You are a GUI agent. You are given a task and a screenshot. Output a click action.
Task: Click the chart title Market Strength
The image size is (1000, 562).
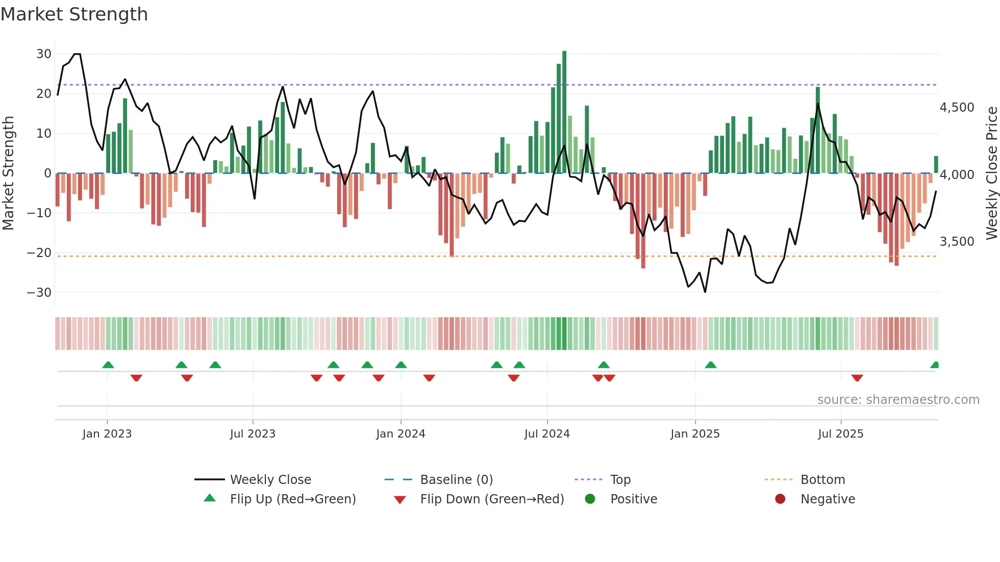click(x=74, y=14)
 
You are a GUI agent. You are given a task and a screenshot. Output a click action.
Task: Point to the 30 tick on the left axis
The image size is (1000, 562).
click(x=44, y=54)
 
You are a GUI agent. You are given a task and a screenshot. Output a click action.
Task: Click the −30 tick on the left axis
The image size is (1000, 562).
click(x=39, y=293)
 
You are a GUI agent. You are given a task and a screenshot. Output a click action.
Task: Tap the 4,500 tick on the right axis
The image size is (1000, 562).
click(x=957, y=108)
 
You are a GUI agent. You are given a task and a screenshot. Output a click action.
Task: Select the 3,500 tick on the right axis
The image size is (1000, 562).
click(x=957, y=242)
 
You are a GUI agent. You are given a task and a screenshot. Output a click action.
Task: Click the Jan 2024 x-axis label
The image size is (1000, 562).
click(x=401, y=434)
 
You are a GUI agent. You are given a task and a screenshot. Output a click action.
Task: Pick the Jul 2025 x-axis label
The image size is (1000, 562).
click(x=840, y=434)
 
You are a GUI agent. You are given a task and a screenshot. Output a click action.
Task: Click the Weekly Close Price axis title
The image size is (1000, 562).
click(x=991, y=173)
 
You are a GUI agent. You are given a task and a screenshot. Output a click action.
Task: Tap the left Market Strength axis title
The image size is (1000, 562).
click(x=9, y=173)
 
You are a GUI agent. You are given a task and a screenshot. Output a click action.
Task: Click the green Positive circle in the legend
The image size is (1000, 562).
click(x=590, y=499)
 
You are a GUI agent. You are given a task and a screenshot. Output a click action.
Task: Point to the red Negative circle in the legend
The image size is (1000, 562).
click(x=780, y=499)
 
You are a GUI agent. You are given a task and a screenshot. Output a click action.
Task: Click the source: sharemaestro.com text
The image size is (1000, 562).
click(x=898, y=400)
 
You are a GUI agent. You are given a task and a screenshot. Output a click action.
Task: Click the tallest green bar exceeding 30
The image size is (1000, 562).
click(x=564, y=112)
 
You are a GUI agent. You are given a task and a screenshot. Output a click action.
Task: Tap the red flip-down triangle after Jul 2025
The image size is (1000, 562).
click(x=857, y=378)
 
